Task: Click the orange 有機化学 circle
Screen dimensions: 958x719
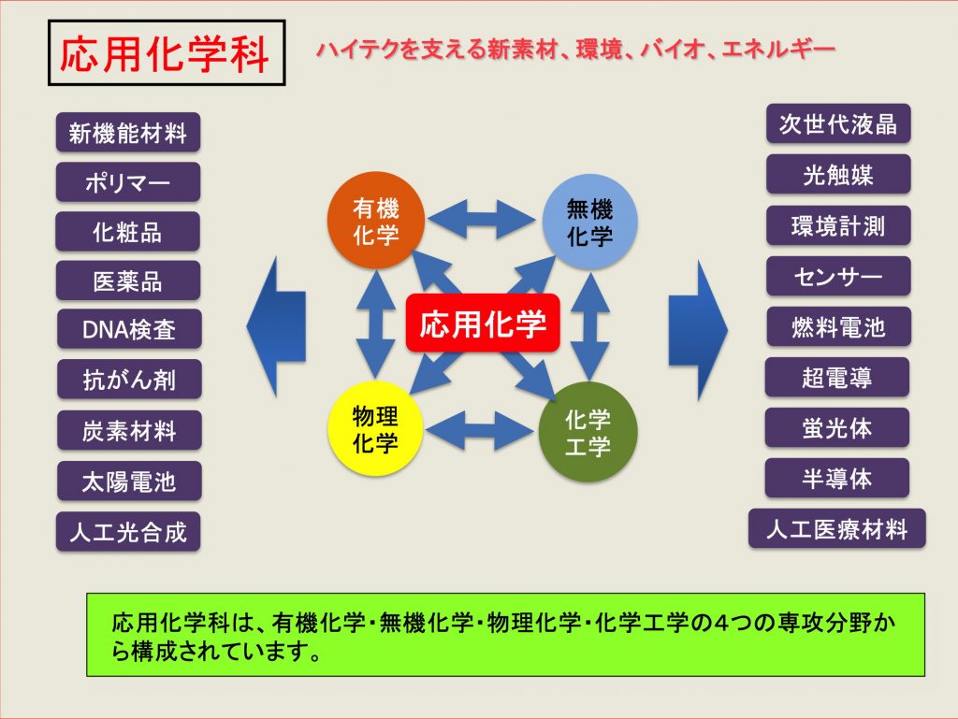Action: click(x=376, y=221)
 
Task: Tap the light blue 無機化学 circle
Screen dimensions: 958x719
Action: click(x=589, y=223)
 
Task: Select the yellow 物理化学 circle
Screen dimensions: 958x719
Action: click(x=375, y=429)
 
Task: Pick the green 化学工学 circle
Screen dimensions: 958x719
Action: click(x=588, y=432)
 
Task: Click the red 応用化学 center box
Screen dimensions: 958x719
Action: click(x=483, y=324)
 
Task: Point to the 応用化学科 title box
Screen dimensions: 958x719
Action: click(x=167, y=53)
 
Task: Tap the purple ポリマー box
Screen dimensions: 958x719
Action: click(x=128, y=182)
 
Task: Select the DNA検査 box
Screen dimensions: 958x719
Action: click(x=129, y=330)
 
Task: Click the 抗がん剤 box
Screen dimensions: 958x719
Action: click(x=129, y=380)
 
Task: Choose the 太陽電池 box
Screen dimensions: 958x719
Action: click(x=129, y=482)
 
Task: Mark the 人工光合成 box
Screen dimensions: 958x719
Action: click(x=128, y=532)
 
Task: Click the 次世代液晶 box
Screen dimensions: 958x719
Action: click(x=838, y=124)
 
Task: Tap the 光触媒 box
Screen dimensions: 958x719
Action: click(x=838, y=175)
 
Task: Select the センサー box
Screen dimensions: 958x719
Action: click(x=838, y=277)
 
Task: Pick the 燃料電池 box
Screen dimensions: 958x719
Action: click(x=838, y=327)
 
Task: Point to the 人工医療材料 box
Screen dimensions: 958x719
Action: click(x=837, y=528)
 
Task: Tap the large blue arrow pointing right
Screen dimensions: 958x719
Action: click(x=698, y=330)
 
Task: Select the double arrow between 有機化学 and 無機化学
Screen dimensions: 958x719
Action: click(x=481, y=219)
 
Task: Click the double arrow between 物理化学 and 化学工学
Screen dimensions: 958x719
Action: click(x=480, y=431)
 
